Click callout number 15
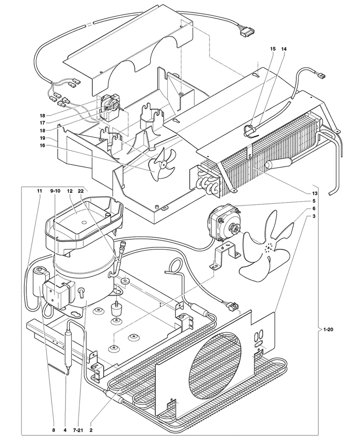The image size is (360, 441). click(273, 49)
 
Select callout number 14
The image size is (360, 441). click(284, 49)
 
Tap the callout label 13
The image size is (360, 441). click(314, 193)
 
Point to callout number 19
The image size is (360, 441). click(42, 139)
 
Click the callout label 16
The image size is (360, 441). click(42, 145)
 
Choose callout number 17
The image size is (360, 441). click(42, 123)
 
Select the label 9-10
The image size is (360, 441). click(55, 191)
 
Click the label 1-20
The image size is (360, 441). click(328, 329)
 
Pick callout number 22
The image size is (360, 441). click(81, 191)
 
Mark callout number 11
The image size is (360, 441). click(39, 191)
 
